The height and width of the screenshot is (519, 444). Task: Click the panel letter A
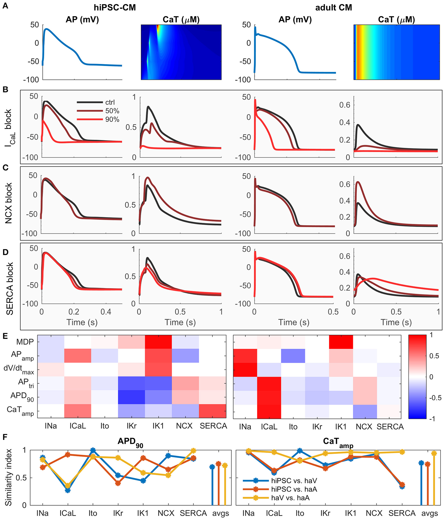(5, 6)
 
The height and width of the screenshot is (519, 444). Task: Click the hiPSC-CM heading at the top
(115, 8)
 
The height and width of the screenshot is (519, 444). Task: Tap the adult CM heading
(333, 8)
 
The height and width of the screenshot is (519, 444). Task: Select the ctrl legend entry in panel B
(110, 102)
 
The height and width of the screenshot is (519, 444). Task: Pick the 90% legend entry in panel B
(112, 119)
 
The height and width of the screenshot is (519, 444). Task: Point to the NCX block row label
(9, 203)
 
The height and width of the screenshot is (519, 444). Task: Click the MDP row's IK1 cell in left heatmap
(158, 342)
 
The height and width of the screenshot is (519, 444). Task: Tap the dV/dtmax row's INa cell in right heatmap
(245, 370)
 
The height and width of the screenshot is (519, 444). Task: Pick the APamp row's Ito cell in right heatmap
(293, 356)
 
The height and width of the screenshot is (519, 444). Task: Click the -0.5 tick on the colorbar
(435, 398)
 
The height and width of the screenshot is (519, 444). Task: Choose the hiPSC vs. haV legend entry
(294, 480)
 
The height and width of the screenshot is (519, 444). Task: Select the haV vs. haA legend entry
(290, 497)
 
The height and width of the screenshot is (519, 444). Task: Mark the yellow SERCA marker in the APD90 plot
(193, 451)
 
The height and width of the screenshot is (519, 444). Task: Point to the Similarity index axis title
(9, 477)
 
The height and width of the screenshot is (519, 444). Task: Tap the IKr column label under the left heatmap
(131, 426)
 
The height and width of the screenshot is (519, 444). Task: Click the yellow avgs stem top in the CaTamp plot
(434, 453)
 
